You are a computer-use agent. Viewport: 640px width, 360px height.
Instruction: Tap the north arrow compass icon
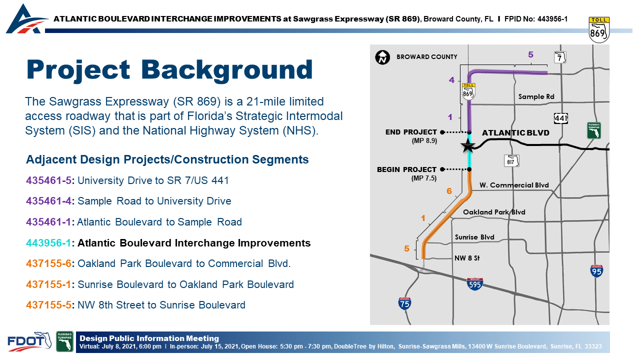click(382, 57)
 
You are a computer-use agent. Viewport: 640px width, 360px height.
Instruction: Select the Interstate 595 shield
click(474, 283)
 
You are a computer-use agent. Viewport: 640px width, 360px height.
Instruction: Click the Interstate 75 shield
click(404, 303)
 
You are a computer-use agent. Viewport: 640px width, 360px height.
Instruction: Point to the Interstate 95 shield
click(596, 271)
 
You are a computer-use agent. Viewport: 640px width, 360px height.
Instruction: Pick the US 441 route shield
click(561, 118)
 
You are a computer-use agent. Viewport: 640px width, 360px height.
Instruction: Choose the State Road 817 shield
click(511, 161)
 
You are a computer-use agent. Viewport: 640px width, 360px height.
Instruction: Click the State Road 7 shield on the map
click(560, 57)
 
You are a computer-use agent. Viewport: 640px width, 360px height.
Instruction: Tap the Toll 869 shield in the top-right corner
click(599, 29)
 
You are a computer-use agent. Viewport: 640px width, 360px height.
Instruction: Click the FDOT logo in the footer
click(29, 341)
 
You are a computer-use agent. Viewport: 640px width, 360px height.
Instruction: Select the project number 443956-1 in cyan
click(48, 243)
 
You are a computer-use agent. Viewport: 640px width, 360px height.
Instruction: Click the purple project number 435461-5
click(48, 180)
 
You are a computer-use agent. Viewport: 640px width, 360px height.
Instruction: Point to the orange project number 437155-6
click(48, 263)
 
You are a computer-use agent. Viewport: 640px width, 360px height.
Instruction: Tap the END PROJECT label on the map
click(411, 132)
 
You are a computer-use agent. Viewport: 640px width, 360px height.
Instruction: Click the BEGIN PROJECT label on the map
click(407, 169)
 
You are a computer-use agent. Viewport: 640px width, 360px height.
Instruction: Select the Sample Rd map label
click(536, 96)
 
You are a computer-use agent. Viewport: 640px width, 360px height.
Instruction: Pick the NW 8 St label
click(467, 258)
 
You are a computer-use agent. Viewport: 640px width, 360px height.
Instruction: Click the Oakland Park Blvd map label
click(494, 212)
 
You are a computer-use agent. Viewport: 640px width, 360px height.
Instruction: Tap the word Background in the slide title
click(227, 69)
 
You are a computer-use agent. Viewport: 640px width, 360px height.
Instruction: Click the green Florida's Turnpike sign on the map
click(594, 130)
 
